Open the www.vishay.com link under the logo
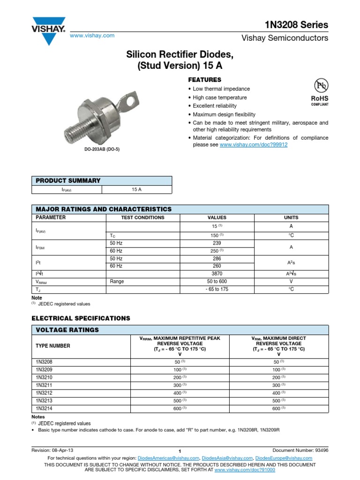point(92,36)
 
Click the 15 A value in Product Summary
point(137,189)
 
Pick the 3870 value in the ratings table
point(217,273)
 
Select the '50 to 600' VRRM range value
point(217,281)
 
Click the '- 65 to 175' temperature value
point(217,290)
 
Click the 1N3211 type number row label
point(44,384)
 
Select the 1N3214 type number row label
point(44,408)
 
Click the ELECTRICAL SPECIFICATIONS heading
point(81,318)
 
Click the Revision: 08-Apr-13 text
point(52,450)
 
